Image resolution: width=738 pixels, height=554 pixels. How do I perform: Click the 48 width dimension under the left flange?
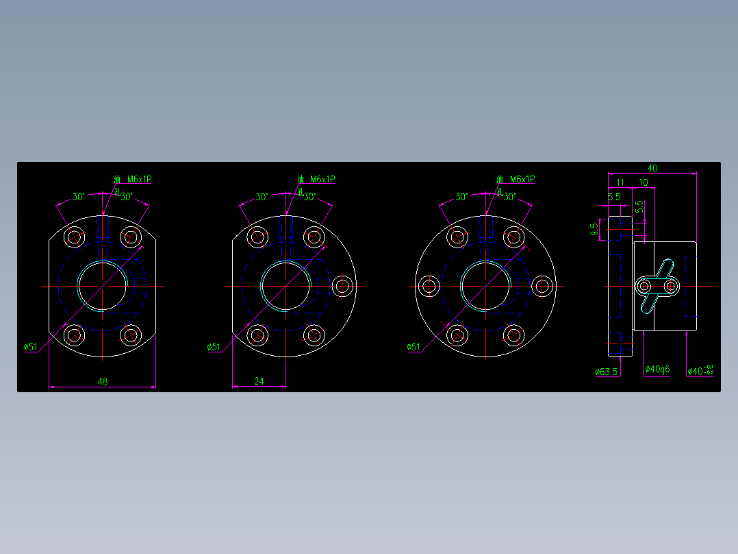coord(103,381)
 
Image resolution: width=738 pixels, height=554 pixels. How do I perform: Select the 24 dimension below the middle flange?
coord(259,381)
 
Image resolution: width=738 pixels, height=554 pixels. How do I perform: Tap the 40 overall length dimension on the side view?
coord(652,168)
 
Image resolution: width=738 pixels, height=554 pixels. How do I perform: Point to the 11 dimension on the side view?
coord(620,182)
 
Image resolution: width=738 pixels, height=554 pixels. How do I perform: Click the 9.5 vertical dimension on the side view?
coord(595,229)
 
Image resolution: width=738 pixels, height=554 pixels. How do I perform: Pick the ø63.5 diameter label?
coord(607,372)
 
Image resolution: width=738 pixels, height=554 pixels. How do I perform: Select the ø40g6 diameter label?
coord(658,370)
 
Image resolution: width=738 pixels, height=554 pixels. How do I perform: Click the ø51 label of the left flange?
coord(31,347)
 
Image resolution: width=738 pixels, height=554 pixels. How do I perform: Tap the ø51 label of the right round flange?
coord(413,347)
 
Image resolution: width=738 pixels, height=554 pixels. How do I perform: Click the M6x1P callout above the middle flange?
coord(322,179)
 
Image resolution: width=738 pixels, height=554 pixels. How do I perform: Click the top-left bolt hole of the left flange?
coord(74,237)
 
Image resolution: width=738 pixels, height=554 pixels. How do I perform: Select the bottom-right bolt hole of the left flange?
coord(131,335)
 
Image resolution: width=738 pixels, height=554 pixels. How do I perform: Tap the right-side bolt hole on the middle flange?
coord(344,286)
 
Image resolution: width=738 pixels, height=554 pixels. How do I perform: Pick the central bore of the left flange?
coord(103,286)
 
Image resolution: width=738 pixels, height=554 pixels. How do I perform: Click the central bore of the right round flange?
coord(485,286)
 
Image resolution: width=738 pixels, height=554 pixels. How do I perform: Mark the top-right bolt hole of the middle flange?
coord(314,237)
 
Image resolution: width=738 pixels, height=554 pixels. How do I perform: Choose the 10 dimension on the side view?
coord(644,182)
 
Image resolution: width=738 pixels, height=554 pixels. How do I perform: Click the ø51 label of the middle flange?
coord(214,347)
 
